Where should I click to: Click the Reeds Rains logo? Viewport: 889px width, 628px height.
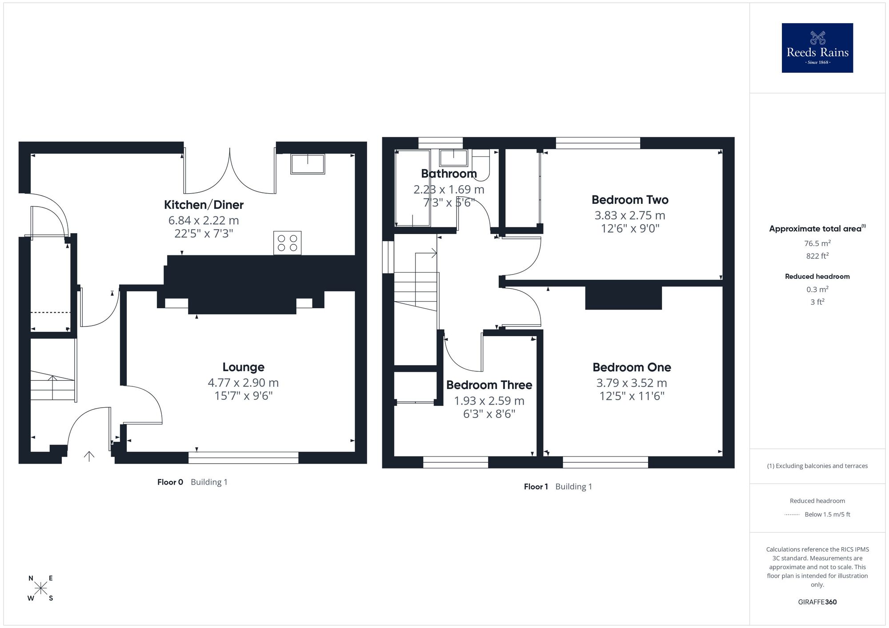coord(817,48)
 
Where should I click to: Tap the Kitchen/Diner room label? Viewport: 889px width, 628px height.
coord(204,205)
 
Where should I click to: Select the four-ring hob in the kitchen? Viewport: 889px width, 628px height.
coord(287,243)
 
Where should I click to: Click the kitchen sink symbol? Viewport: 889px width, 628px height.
coord(307,164)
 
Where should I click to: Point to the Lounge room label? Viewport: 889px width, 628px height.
coord(243,367)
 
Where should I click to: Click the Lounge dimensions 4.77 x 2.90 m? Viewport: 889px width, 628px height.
coord(243,383)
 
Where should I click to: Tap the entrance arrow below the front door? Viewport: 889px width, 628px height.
coord(89,456)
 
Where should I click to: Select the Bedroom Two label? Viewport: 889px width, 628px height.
coord(630,200)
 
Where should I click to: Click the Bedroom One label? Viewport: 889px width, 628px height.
coord(632,367)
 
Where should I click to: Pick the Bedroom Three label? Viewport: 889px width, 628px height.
coord(489,385)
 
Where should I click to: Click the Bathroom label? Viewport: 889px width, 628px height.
coord(449,174)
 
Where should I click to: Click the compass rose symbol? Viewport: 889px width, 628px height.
coord(41,588)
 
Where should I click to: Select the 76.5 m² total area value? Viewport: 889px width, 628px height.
coord(817,243)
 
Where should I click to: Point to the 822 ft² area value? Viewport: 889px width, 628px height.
coord(817,256)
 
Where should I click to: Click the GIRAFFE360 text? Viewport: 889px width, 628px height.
coord(817,602)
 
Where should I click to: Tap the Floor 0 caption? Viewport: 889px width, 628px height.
coord(170,482)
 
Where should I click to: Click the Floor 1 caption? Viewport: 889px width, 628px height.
coord(536,487)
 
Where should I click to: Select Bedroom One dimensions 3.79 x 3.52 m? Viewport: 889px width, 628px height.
coord(632,383)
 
